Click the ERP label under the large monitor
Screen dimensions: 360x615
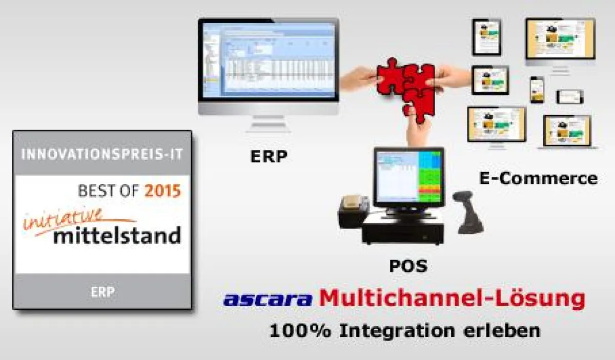268,156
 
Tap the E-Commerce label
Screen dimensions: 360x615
538,178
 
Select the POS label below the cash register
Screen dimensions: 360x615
407,266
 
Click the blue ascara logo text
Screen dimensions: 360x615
268,299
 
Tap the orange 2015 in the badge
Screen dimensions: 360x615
162,192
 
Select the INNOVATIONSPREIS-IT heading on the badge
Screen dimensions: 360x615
102,154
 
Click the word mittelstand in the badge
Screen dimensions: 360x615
117,236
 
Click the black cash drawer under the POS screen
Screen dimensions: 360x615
402,230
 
